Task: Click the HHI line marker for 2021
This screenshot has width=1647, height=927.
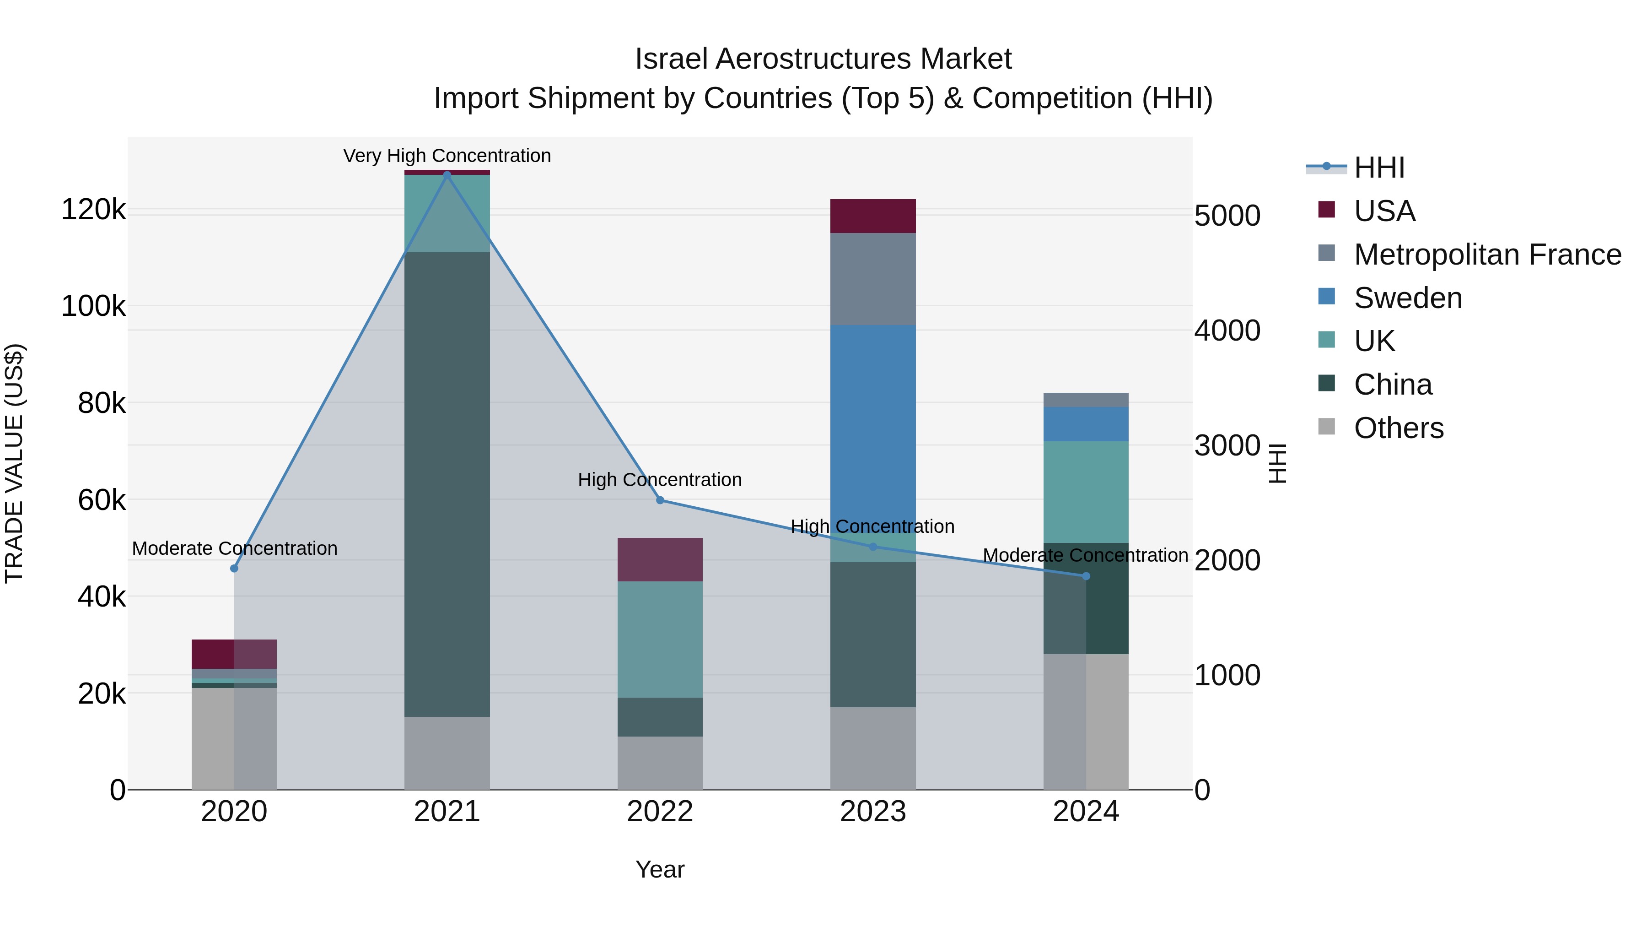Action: (x=447, y=174)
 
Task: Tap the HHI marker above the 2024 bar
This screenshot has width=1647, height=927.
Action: (x=1086, y=576)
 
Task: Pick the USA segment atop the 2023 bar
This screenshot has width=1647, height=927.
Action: (x=873, y=216)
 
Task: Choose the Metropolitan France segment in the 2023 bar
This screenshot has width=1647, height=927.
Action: (x=873, y=279)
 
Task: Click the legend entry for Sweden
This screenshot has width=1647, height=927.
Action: (x=1407, y=298)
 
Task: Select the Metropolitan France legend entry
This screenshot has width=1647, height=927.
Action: (x=1487, y=255)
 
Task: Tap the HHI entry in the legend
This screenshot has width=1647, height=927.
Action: (x=1379, y=168)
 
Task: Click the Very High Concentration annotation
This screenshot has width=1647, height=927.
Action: (x=447, y=156)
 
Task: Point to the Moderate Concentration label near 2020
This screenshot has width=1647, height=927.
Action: (x=235, y=549)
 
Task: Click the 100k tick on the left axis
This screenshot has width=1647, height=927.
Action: (x=93, y=306)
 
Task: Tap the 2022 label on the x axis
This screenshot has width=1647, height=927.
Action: (x=660, y=812)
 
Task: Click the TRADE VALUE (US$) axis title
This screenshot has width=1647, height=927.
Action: (x=14, y=463)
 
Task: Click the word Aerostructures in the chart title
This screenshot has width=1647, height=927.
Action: (x=814, y=60)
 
